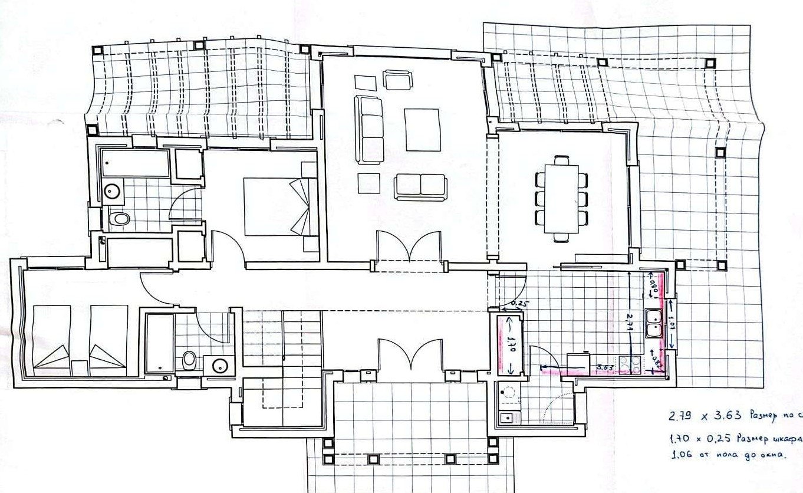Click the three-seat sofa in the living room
[x=368, y=130]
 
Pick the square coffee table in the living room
[x=423, y=130]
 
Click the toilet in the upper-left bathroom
[x=120, y=219]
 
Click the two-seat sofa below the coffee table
[x=420, y=186]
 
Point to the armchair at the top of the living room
[x=397, y=80]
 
